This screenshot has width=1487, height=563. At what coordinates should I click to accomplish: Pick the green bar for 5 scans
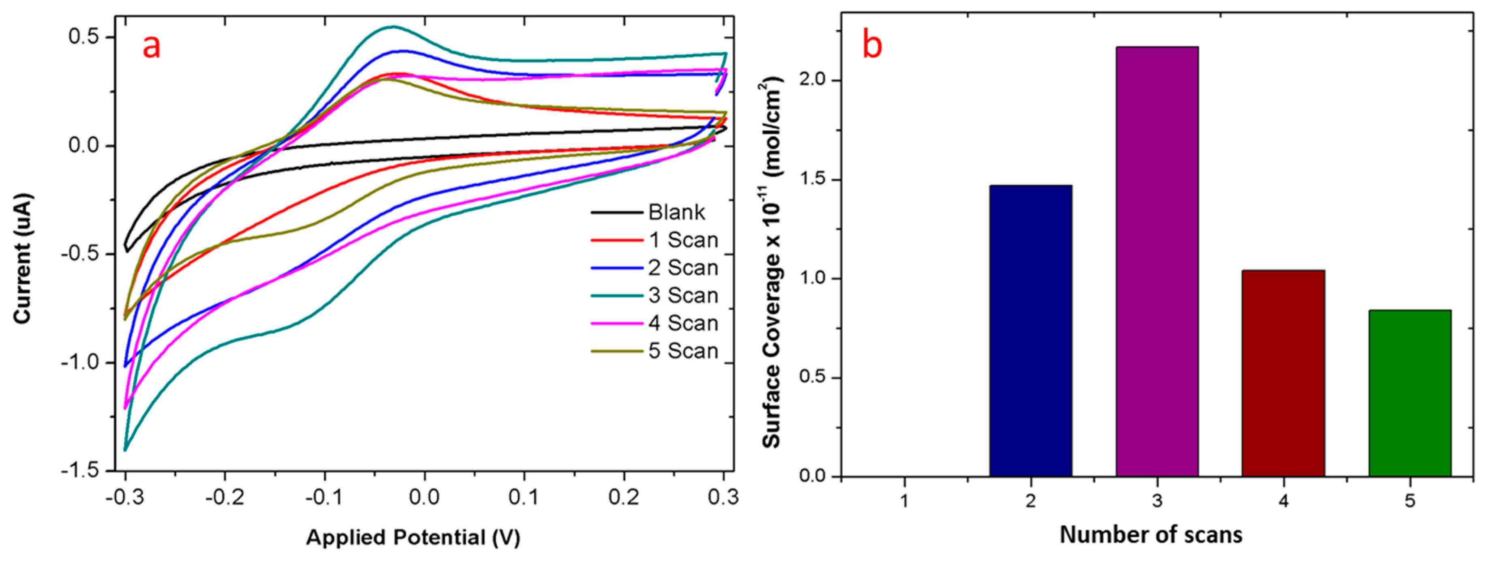click(x=1410, y=393)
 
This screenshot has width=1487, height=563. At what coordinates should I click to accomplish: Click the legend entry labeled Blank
click(x=675, y=213)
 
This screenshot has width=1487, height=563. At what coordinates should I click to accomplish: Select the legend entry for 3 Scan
click(x=683, y=296)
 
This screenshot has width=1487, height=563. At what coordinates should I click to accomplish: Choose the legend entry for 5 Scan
click(x=683, y=351)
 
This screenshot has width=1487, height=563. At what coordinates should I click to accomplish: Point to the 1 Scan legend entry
click(x=683, y=240)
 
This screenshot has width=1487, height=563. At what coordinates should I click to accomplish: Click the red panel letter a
click(x=151, y=46)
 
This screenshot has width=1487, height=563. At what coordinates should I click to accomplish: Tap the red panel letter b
click(x=872, y=45)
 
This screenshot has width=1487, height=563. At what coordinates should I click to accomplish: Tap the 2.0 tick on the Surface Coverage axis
click(x=812, y=80)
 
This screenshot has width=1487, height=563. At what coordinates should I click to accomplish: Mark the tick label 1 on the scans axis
click(x=904, y=501)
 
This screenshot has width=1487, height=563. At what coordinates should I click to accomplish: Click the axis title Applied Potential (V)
click(x=413, y=537)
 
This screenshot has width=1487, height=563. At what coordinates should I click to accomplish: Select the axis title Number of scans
click(x=1151, y=535)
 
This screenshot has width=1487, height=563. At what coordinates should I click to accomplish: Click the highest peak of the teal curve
click(x=394, y=26)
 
